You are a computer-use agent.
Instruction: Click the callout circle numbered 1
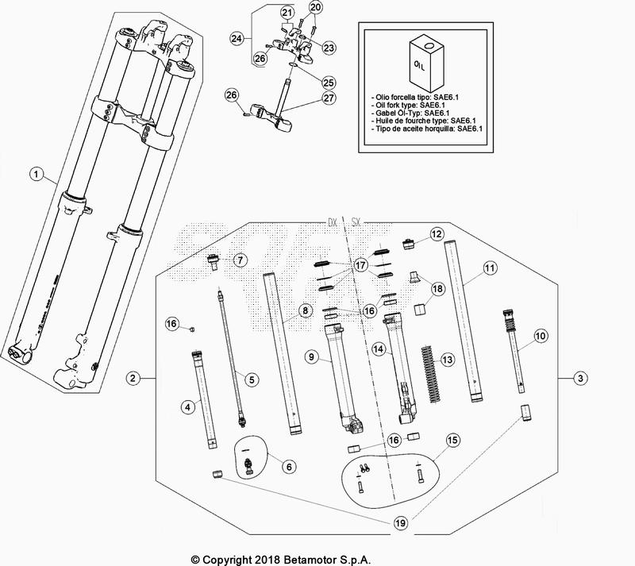[x=34, y=172]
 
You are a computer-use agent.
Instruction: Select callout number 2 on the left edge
[x=134, y=377]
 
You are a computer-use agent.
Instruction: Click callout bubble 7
[x=240, y=260]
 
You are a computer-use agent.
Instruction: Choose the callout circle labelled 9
[x=314, y=358]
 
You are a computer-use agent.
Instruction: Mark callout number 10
[x=541, y=337]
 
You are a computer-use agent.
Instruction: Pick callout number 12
[x=436, y=234]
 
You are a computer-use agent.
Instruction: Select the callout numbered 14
[x=379, y=348]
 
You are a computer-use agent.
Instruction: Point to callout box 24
[x=237, y=37]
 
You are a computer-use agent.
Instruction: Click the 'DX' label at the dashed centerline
[x=332, y=223]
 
